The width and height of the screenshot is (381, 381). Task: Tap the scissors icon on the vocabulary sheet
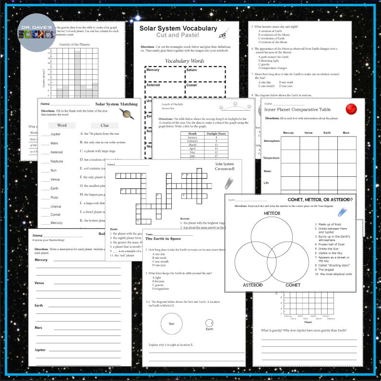pos(222,34)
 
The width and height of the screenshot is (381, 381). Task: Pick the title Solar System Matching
pos(117,104)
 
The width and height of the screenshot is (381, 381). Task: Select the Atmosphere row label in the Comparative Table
pos(271,141)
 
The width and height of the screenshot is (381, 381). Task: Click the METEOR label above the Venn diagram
pos(272,213)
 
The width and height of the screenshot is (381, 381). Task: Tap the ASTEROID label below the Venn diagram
pos(252,285)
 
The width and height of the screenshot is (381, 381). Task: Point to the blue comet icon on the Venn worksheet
pos(343,211)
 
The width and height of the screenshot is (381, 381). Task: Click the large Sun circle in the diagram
pos(171,323)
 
